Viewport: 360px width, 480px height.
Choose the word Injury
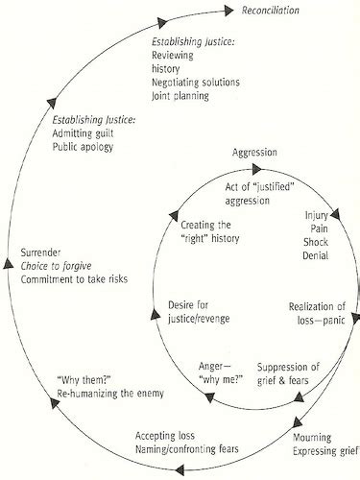point(318,217)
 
